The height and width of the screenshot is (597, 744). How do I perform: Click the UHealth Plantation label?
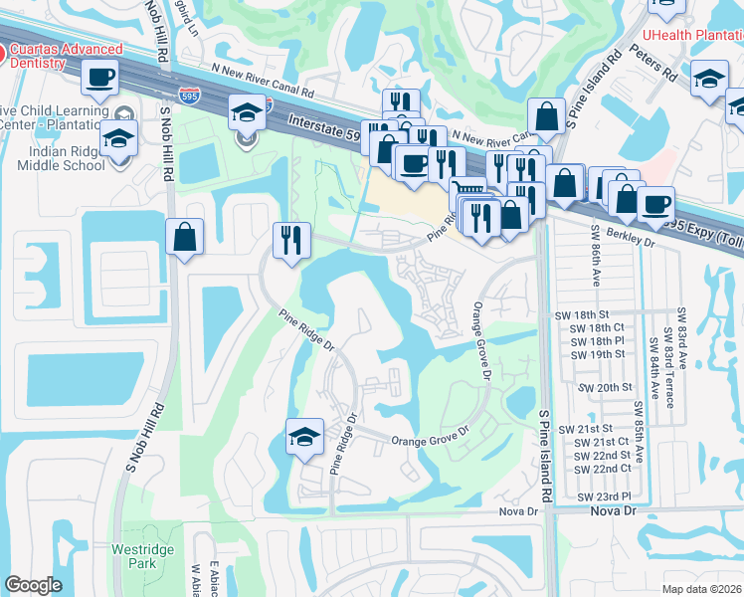click(x=691, y=34)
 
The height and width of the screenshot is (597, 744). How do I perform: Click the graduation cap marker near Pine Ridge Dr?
click(x=304, y=437)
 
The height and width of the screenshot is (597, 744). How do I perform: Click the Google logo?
click(x=33, y=585)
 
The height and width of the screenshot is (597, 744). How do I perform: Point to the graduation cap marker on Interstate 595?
click(x=245, y=113)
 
